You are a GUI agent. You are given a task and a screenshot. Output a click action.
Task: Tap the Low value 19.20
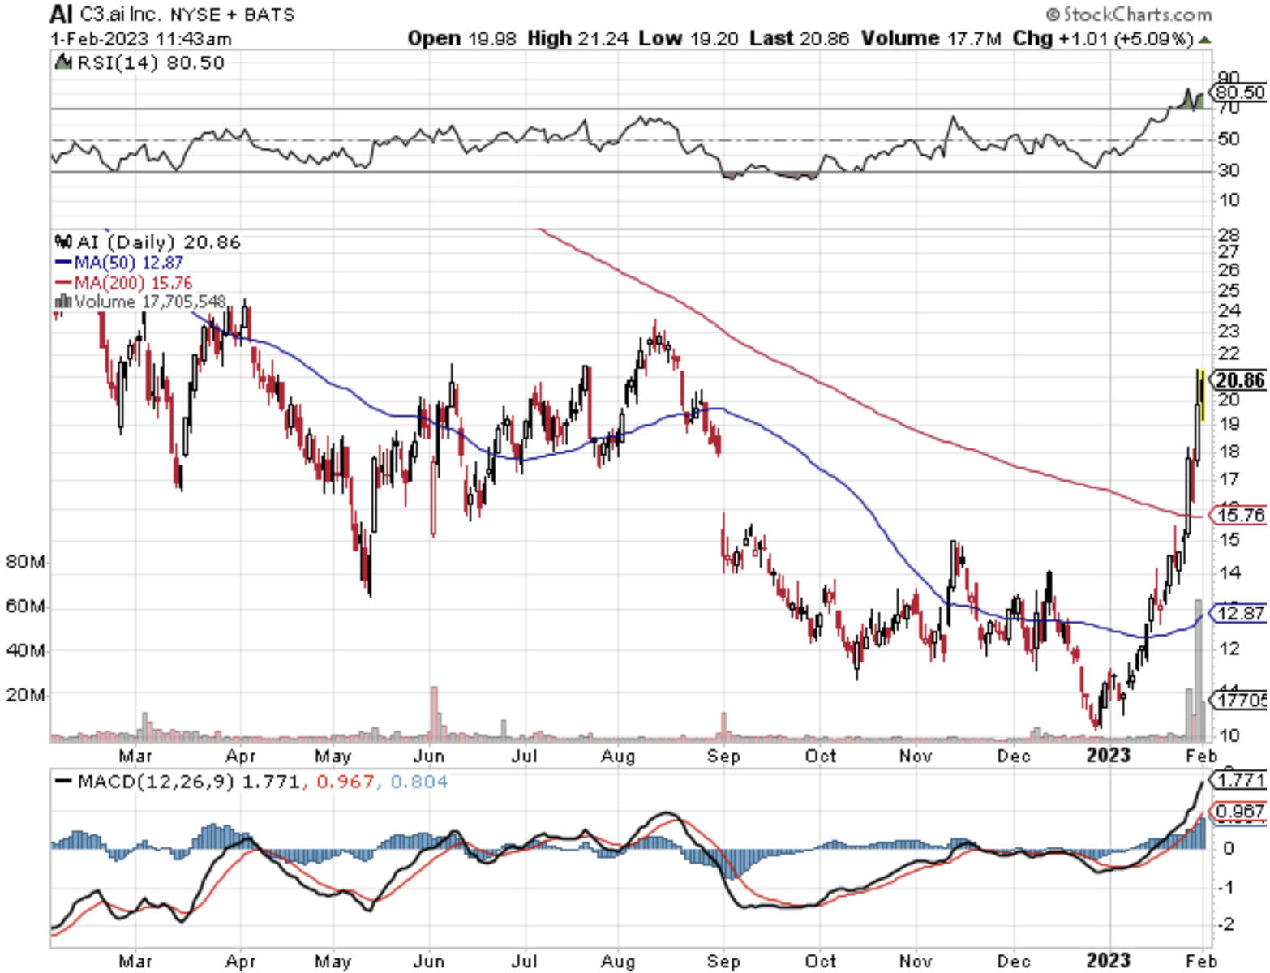(x=714, y=38)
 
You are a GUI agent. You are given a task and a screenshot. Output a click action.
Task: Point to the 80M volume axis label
(x=25, y=562)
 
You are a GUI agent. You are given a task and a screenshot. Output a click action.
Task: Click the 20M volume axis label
(x=25, y=695)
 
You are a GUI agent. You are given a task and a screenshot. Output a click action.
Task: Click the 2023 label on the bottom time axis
(x=1108, y=960)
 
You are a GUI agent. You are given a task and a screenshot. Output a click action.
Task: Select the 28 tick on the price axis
(x=1229, y=235)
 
